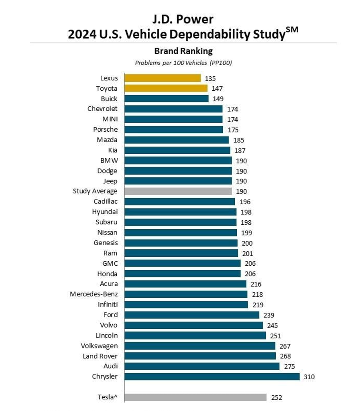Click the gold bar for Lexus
(x=163, y=78)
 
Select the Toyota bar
(x=166, y=88)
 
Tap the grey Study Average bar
(x=178, y=191)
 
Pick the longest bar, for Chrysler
(x=212, y=376)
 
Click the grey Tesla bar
(x=195, y=397)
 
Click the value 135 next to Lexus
(x=210, y=78)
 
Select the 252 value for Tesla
(x=277, y=398)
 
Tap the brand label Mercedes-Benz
(x=94, y=294)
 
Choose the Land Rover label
(x=100, y=356)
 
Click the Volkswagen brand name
(x=99, y=346)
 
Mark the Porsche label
(x=105, y=129)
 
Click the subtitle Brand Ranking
(x=183, y=51)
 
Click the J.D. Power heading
(x=183, y=19)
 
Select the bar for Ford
(x=192, y=315)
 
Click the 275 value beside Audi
(x=289, y=366)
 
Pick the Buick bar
(x=166, y=99)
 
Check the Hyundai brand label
(x=105, y=212)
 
